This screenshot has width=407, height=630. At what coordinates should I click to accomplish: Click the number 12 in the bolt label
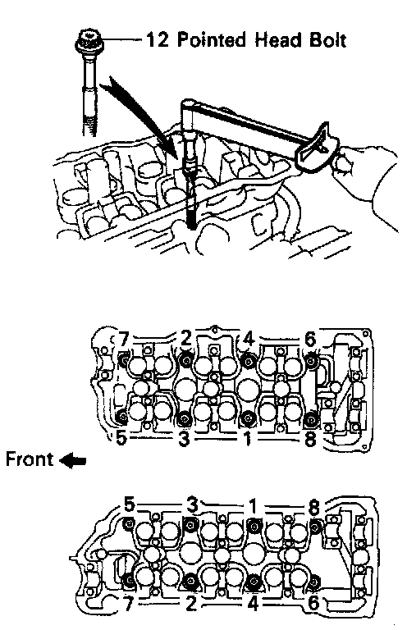click(158, 40)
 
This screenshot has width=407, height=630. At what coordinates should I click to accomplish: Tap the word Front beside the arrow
click(30, 459)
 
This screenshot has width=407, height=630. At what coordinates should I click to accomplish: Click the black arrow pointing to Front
click(73, 460)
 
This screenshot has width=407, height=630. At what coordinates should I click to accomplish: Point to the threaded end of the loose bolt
click(89, 121)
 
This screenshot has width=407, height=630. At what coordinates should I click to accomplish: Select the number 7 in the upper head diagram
click(124, 340)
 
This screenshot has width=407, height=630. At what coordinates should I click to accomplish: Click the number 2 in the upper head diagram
click(186, 339)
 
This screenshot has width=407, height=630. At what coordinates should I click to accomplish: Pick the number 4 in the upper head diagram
click(249, 340)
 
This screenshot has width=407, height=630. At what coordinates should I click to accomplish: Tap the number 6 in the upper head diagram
click(310, 340)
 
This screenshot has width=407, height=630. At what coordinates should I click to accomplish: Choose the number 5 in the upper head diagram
click(121, 438)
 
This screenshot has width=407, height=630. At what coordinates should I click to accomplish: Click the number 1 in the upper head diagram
click(248, 438)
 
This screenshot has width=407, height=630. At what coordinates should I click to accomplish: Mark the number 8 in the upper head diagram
click(310, 439)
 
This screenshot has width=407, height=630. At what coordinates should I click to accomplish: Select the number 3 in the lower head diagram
click(193, 505)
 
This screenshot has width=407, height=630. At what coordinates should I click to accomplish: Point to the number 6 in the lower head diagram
click(313, 603)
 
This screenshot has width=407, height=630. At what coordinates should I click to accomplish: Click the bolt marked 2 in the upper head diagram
click(185, 361)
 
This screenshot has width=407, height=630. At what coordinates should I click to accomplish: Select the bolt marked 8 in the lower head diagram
click(315, 525)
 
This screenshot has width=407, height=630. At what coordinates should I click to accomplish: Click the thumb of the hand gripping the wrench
click(342, 162)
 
